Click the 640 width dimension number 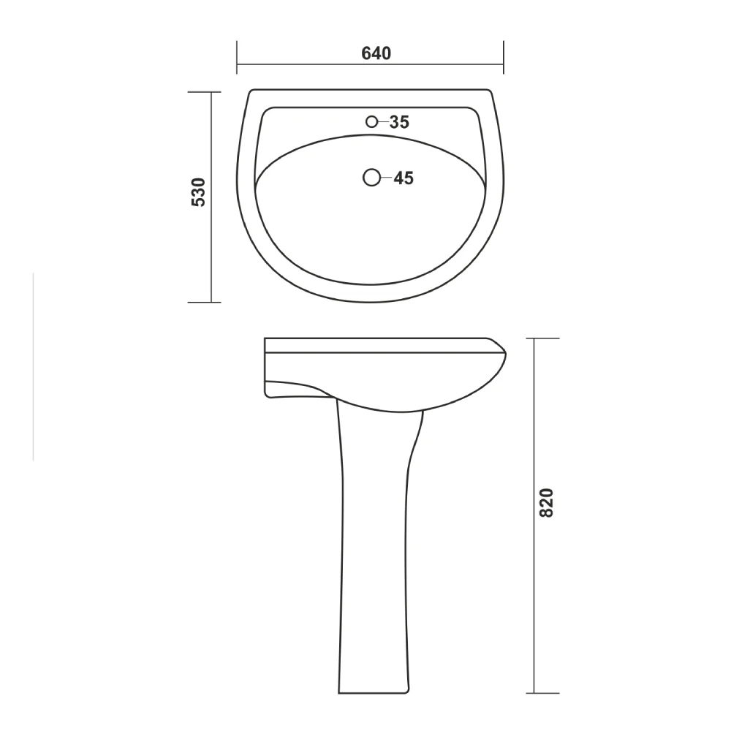(376, 53)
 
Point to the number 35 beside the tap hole (399, 122)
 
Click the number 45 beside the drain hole (404, 178)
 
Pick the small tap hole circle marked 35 (373, 122)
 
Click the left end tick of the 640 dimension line (237, 58)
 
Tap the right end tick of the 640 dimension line (504, 58)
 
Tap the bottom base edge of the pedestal (372, 692)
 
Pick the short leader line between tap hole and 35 (384, 122)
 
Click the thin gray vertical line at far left (34, 365)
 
